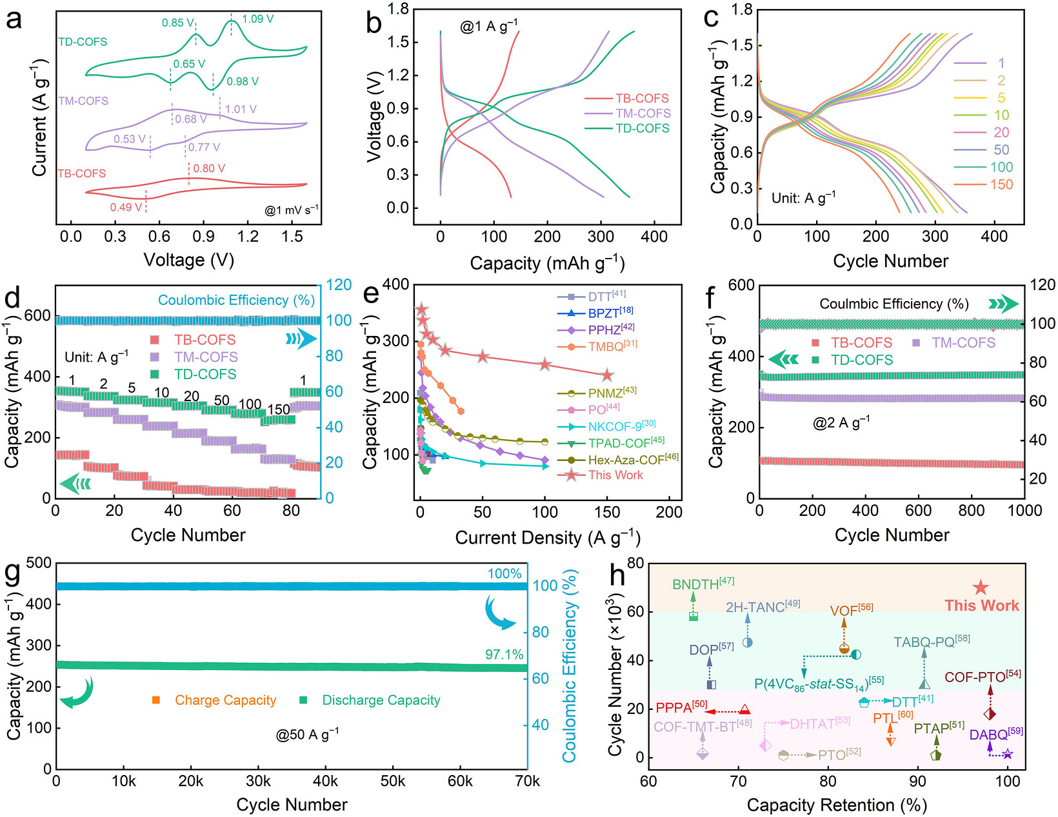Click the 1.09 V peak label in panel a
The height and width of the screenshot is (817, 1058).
click(257, 19)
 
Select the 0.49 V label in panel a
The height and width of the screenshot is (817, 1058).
click(126, 207)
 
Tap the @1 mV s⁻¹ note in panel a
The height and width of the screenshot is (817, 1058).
click(291, 210)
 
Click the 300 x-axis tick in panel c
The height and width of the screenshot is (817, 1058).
click(935, 237)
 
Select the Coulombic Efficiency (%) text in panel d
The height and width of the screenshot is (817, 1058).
click(237, 300)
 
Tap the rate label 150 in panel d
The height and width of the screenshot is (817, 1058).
click(279, 409)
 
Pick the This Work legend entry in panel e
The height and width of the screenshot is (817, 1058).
click(601, 475)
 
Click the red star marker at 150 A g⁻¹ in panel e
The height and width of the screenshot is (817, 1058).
click(606, 375)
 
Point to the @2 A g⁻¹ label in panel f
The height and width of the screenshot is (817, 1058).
click(841, 422)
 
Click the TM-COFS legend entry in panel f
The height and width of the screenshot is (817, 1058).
click(953, 342)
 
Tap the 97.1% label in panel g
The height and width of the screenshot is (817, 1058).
click(504, 655)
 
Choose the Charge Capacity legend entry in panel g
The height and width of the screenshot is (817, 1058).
click(214, 700)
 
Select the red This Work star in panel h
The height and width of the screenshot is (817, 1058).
click(981, 587)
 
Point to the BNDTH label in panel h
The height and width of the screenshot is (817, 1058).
click(703, 583)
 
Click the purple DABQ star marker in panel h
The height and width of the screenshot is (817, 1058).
click(1008, 754)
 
